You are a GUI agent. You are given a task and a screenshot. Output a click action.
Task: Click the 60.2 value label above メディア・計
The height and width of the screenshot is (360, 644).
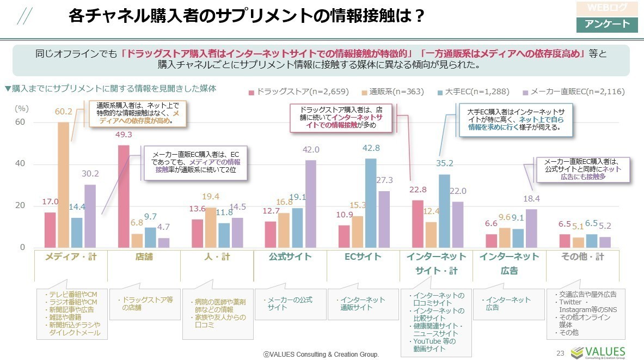click(64, 112)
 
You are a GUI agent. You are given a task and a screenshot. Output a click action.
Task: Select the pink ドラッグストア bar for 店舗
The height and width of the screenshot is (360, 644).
click(124, 196)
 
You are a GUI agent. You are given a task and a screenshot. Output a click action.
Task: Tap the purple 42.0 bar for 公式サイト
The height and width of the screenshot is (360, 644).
click(311, 204)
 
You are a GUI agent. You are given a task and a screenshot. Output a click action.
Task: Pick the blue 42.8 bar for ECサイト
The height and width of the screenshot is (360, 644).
click(371, 203)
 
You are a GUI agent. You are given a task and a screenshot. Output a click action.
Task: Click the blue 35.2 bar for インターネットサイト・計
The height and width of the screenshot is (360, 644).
click(444, 211)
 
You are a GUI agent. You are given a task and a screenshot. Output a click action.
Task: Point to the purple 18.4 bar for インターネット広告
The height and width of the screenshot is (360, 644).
click(532, 228)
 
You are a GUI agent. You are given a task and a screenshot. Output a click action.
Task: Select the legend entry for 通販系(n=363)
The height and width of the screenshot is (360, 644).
click(392, 91)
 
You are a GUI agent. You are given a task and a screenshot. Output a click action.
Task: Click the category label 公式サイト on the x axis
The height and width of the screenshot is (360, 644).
click(290, 257)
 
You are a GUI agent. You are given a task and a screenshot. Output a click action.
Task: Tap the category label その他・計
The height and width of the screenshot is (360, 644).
click(582, 257)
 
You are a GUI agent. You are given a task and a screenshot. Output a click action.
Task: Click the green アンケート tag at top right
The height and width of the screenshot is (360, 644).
click(606, 25)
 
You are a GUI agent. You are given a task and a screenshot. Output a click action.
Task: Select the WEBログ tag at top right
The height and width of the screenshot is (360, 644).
click(606, 8)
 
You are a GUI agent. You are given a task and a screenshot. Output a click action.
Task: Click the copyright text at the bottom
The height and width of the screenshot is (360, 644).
click(321, 354)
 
